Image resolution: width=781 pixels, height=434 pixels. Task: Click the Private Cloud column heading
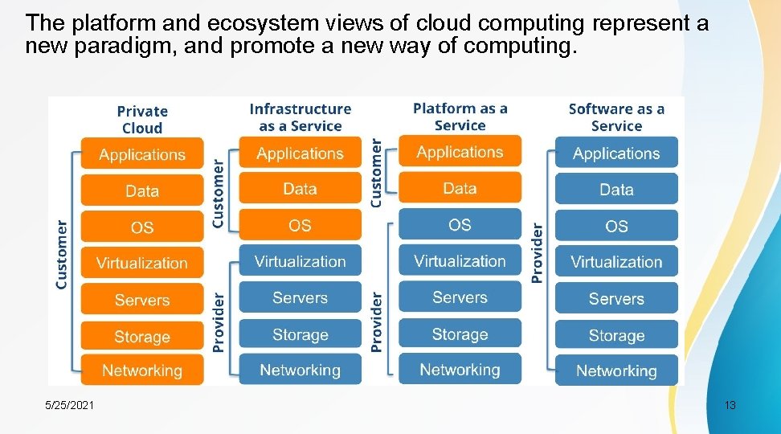tap(142, 120)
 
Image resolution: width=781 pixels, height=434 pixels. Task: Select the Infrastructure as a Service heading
tap(300, 117)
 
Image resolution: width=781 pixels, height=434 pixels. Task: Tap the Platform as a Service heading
tap(460, 117)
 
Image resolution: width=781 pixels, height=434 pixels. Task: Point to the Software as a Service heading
tap(616, 117)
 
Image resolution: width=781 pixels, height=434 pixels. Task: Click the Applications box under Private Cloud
tap(142, 154)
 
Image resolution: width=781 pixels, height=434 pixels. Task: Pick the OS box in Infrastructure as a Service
tap(300, 226)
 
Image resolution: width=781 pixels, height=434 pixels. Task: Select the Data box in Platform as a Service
tap(460, 188)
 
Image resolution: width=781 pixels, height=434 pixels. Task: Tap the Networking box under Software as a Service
tap(616, 371)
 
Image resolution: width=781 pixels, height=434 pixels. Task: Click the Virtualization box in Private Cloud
tap(142, 263)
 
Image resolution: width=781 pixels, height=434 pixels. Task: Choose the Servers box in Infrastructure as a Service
tap(300, 298)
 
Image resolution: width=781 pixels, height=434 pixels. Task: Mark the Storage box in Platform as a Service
tap(460, 334)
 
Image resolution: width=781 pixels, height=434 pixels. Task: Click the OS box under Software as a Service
tap(616, 227)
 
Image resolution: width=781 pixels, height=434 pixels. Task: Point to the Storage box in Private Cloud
tap(142, 337)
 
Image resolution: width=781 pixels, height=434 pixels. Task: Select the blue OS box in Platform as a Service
tap(460, 225)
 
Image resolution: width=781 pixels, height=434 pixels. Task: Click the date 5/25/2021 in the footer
tap(69, 406)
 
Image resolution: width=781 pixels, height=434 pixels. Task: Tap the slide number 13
tap(730, 405)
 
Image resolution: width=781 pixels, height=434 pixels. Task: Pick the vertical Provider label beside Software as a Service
tap(538, 252)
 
